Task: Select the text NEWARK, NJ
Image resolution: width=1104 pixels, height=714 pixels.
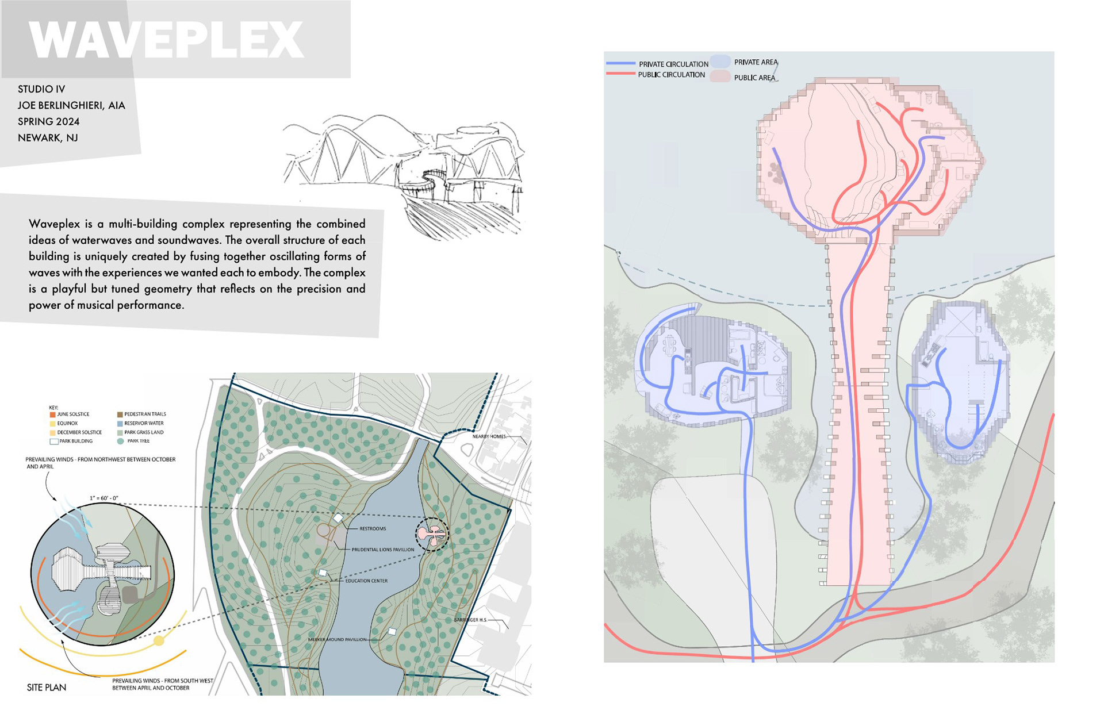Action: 48,138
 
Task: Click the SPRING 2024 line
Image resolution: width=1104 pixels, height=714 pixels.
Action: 48,122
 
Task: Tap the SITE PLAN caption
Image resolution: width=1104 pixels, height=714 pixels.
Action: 47,688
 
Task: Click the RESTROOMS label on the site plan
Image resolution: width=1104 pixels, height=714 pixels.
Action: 373,528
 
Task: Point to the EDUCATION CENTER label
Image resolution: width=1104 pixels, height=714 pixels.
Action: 366,581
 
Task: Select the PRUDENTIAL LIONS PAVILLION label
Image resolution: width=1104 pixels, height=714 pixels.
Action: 383,550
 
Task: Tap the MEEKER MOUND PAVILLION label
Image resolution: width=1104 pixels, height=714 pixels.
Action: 337,639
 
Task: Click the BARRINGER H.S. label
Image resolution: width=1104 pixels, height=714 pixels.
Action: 470,620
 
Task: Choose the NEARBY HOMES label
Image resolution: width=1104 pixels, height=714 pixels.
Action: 489,436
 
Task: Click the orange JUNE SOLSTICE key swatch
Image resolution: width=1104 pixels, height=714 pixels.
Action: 52,414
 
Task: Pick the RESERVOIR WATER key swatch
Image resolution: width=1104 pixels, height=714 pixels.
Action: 120,424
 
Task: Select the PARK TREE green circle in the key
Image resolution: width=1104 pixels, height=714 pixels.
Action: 120,442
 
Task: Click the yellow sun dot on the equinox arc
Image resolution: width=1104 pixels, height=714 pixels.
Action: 159,640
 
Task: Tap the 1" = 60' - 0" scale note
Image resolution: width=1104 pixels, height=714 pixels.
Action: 104,498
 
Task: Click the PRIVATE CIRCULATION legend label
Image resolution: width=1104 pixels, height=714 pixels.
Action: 673,64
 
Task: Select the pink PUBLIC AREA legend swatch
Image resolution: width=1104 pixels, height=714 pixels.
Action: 719,76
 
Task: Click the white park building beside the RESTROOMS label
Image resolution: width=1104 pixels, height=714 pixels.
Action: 338,519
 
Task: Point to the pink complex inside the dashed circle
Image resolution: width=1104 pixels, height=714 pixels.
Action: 432,535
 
